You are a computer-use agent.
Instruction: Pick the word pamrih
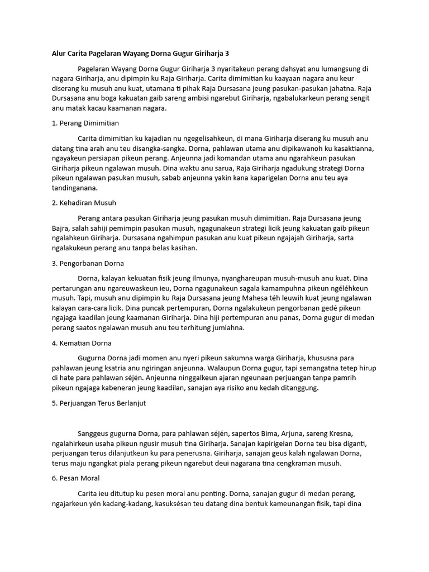[x=363, y=378]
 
